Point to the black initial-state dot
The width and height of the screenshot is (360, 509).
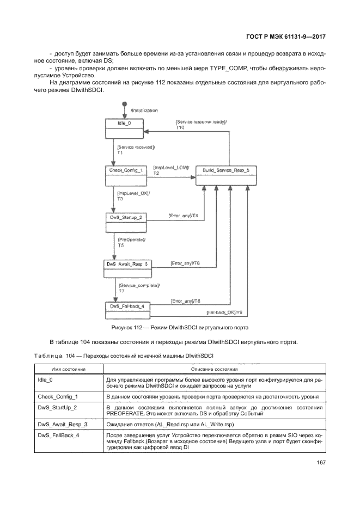tap(125, 103)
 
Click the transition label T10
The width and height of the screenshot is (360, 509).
tap(180, 127)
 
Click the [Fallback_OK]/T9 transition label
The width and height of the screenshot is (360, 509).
tap(224, 312)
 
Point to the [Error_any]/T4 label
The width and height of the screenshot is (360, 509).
tap(184, 216)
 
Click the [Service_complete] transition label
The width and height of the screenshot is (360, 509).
tap(139, 285)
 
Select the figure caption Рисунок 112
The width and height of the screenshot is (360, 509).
tap(180, 328)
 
